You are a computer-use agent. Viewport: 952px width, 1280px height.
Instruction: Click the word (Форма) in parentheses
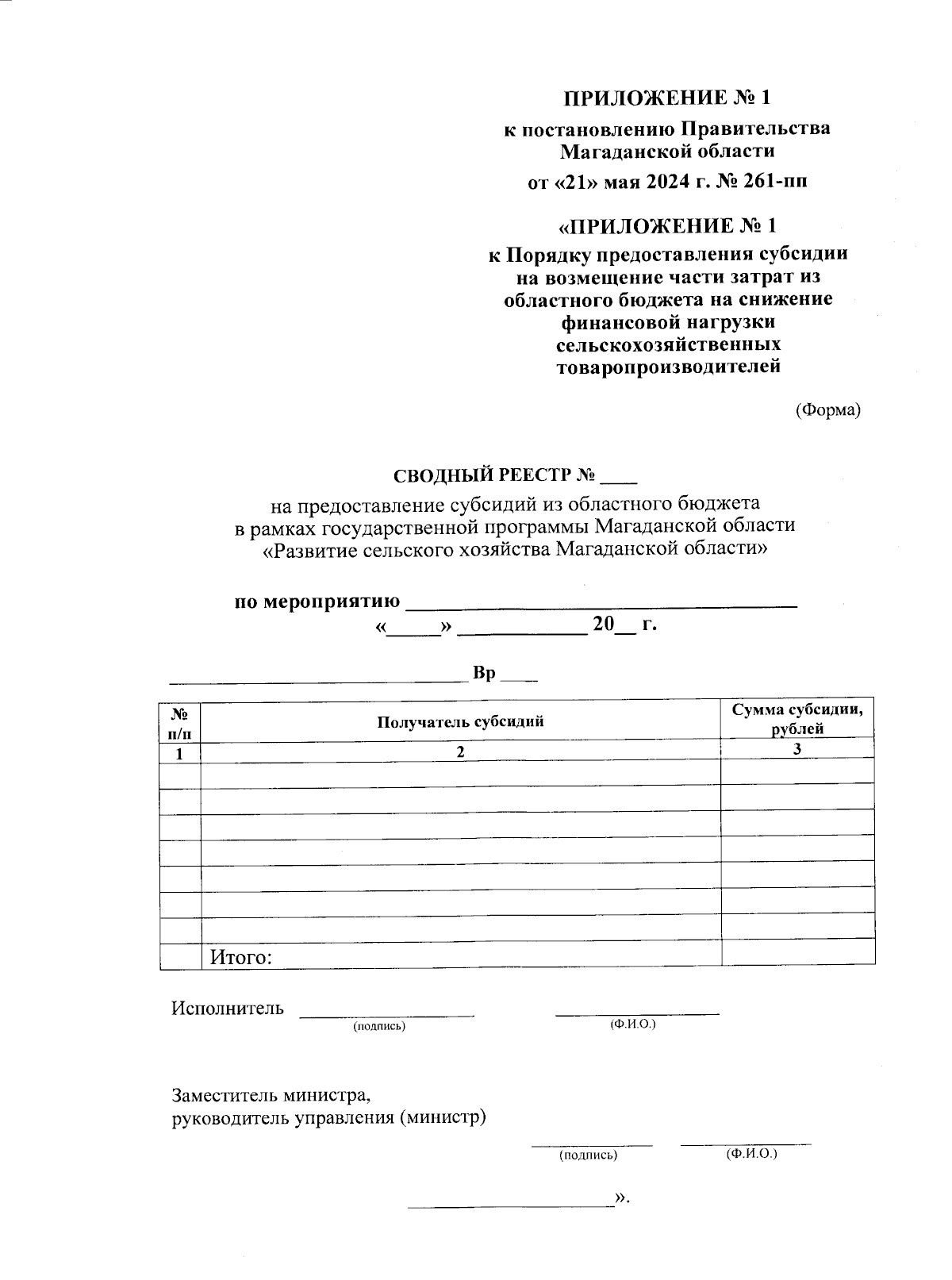coord(827,410)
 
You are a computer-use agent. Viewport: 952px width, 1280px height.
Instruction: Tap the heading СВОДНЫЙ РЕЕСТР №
coord(494,475)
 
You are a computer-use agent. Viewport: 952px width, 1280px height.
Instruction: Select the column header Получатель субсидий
coord(460,721)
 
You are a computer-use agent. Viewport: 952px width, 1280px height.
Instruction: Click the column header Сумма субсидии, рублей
coord(797,719)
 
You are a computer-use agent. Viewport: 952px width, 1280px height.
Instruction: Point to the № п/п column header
coord(180,721)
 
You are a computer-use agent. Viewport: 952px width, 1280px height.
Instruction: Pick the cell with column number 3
coord(797,749)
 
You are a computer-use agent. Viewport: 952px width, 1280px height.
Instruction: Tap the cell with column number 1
coord(180,753)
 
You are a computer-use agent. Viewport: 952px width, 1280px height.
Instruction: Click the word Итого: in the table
coord(241,957)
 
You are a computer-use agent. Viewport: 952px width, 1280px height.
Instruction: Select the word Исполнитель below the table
coord(228,1009)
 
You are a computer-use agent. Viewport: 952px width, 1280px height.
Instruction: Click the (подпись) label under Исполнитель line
coord(379,1026)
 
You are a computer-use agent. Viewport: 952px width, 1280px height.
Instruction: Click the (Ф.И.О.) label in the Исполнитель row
coord(632,1024)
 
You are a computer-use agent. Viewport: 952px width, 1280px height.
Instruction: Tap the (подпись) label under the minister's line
coord(588,1155)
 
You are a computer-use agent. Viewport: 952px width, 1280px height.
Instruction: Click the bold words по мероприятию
coord(317,602)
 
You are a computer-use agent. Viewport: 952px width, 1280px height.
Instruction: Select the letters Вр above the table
coord(484,674)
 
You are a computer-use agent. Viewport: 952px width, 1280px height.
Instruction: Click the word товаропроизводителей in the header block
coord(669,367)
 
